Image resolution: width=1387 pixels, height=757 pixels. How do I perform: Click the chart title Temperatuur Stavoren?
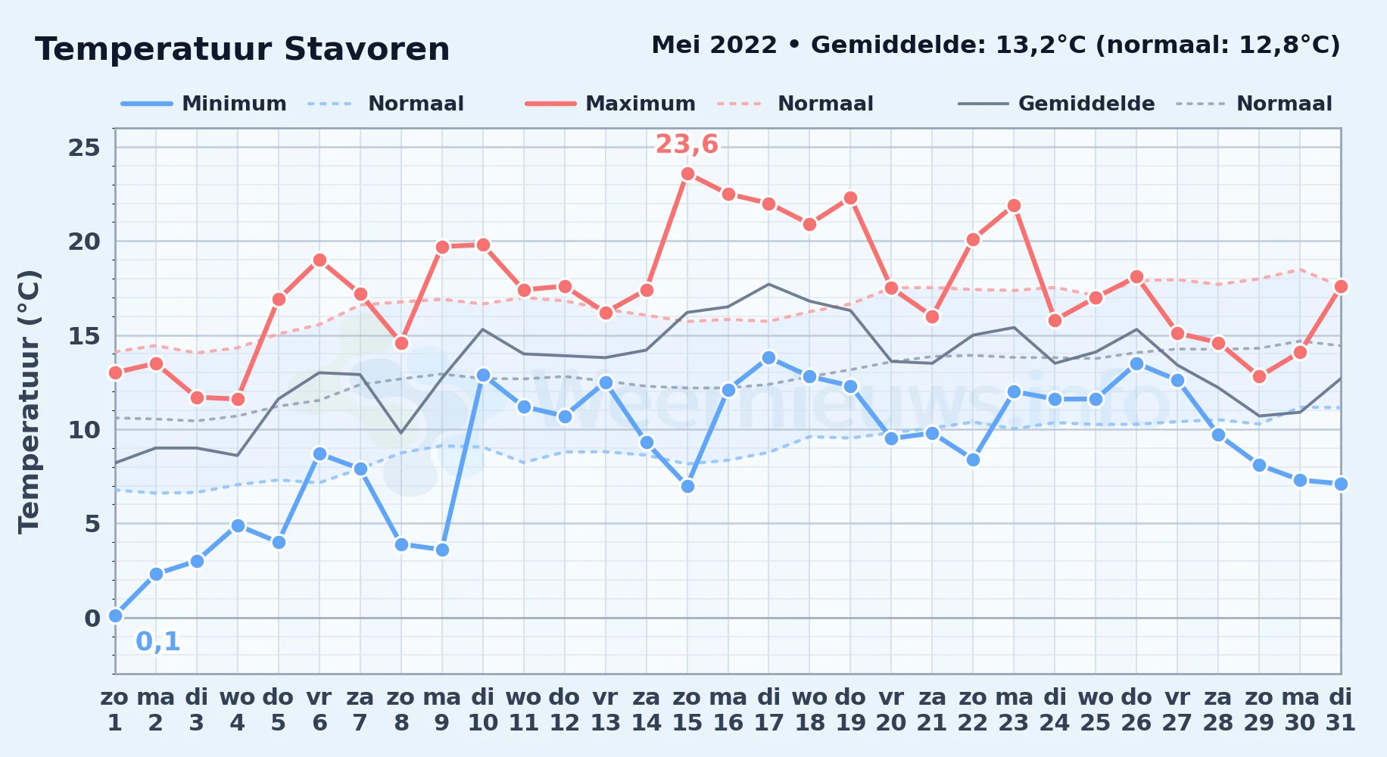click(x=242, y=49)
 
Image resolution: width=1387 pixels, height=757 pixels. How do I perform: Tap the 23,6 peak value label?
click(x=687, y=144)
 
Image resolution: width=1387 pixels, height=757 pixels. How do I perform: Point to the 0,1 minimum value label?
click(x=157, y=642)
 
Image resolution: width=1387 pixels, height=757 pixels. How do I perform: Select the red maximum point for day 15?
click(x=687, y=173)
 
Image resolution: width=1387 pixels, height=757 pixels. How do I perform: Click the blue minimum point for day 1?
click(x=115, y=616)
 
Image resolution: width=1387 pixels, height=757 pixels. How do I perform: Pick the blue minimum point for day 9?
click(x=442, y=550)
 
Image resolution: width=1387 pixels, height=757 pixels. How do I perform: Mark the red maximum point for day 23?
click(x=1014, y=205)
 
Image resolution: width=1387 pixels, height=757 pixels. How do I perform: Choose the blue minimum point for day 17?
click(x=768, y=357)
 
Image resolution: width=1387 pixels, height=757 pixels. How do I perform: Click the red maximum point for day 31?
click(x=1341, y=286)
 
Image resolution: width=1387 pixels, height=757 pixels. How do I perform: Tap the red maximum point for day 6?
click(x=319, y=260)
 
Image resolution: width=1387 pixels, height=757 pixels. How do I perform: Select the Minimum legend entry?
click(x=204, y=104)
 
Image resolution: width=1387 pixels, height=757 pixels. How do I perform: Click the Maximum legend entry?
click(x=610, y=104)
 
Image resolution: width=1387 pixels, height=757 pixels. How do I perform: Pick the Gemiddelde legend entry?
click(x=1056, y=104)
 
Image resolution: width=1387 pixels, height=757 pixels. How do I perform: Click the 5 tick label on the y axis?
click(x=92, y=524)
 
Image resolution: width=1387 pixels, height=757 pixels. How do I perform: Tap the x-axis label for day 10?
click(x=483, y=709)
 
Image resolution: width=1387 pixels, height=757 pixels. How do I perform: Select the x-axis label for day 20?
click(x=891, y=709)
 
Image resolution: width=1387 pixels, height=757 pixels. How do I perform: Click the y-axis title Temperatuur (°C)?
click(x=29, y=402)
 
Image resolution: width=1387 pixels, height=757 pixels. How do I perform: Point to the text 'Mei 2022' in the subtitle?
click(x=714, y=45)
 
